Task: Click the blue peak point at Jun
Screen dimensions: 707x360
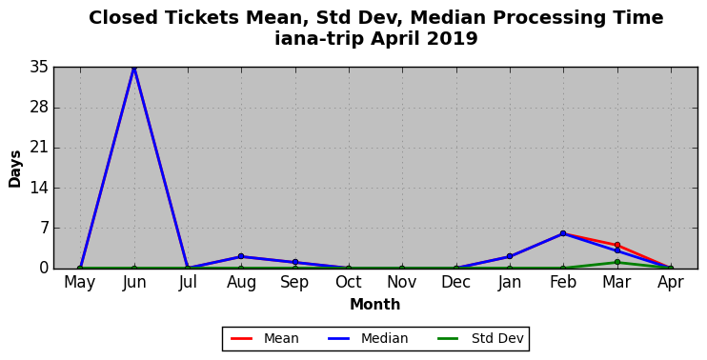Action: pos(134,68)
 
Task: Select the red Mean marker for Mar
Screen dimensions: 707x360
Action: pos(617,245)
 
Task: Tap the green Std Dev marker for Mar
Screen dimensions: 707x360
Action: pos(617,262)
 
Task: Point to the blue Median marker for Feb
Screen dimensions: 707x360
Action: pos(563,233)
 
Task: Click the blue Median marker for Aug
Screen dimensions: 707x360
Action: pos(241,256)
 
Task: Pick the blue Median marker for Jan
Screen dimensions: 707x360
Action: pos(510,256)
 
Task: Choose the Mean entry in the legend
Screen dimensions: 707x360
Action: pos(265,338)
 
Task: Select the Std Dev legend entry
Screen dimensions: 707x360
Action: pos(480,338)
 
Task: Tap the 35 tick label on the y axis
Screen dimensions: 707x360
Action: pos(39,68)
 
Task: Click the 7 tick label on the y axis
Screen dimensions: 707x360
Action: pos(43,229)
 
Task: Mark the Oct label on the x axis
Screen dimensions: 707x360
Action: pos(349,283)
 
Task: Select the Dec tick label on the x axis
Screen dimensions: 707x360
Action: pos(455,283)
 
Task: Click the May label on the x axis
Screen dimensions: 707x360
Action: pos(80,283)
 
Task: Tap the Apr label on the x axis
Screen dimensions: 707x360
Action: pos(671,283)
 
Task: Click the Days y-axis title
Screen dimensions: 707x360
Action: pos(15,169)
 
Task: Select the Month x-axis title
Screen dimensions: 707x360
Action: pos(375,305)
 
